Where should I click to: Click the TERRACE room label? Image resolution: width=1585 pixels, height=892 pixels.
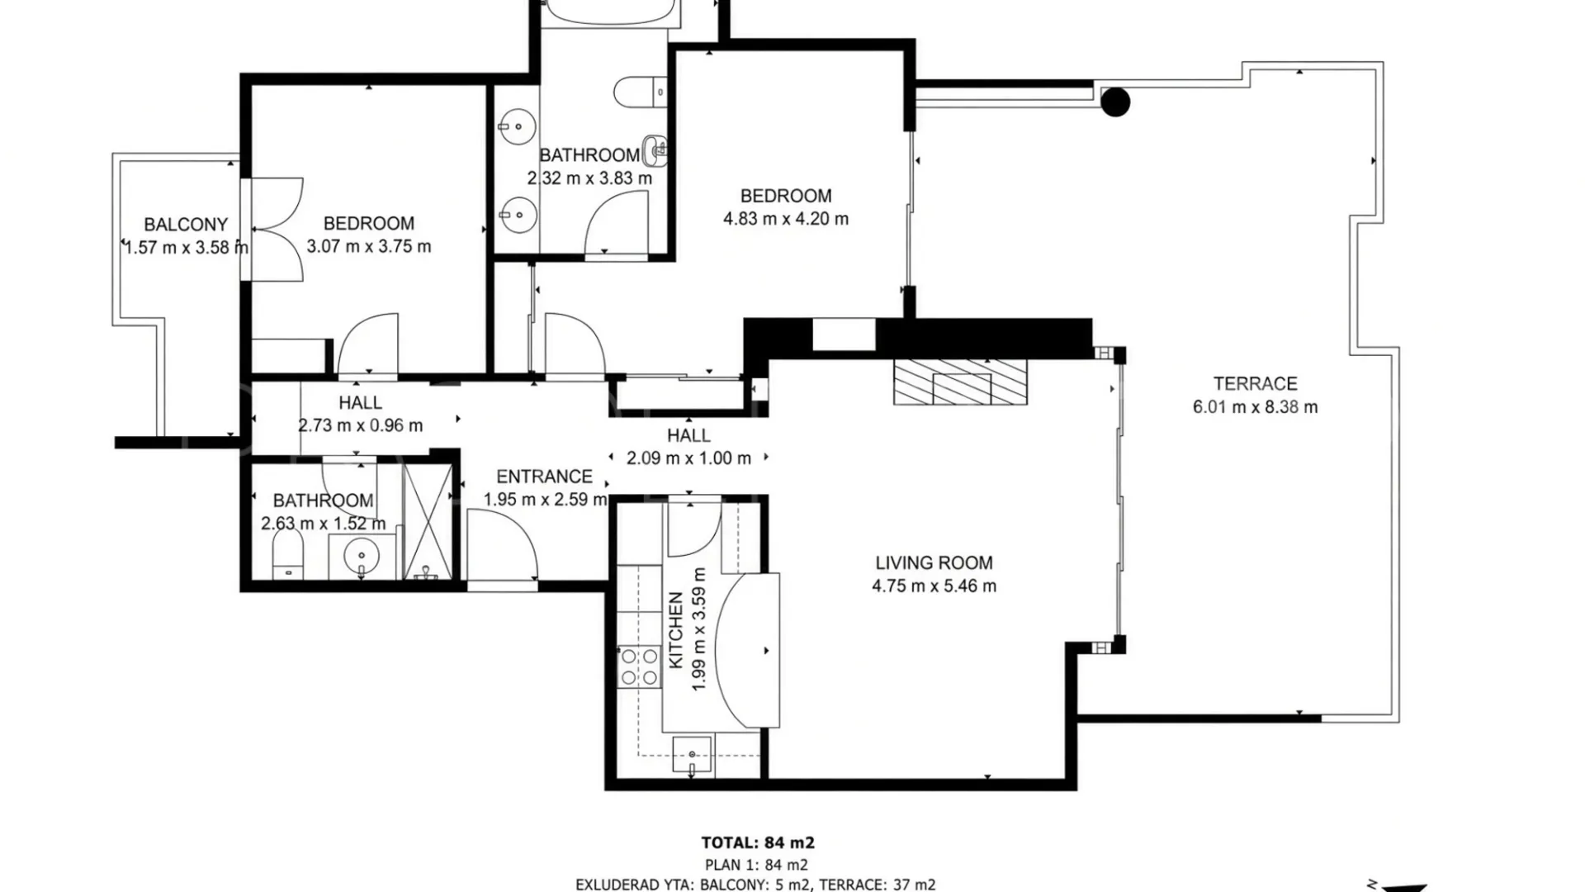pos(1255,383)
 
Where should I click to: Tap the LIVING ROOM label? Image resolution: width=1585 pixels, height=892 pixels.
pos(934,562)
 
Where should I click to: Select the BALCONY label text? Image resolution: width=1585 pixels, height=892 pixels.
pos(186,224)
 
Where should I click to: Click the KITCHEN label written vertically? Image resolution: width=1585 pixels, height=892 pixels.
pos(675,630)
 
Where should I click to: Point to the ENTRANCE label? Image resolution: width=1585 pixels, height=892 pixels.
pos(544,477)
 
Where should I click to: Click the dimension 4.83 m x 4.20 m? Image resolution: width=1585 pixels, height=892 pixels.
pos(786,219)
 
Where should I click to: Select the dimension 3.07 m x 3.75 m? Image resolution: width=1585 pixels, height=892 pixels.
pos(369,246)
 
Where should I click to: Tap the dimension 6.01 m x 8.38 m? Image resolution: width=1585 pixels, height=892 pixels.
pos(1255,406)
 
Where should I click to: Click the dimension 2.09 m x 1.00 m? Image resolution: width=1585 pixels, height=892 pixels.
pos(688,458)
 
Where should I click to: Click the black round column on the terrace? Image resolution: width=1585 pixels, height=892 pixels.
pos(1115,102)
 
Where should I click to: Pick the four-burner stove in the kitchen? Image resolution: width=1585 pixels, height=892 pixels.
pos(639,667)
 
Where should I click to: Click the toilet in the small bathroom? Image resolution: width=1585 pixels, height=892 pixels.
pos(287,553)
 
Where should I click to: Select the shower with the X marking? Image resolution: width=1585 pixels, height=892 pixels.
pos(428,520)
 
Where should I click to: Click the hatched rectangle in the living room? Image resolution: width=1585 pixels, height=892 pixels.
pos(961,382)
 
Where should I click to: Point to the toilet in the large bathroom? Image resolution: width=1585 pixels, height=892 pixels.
pos(640,92)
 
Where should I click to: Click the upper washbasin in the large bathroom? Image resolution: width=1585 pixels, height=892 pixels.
pos(517,127)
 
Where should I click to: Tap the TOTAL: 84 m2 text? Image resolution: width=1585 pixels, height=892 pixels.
pos(758,842)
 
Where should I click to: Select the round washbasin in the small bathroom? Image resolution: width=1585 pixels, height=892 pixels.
pos(361,555)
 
